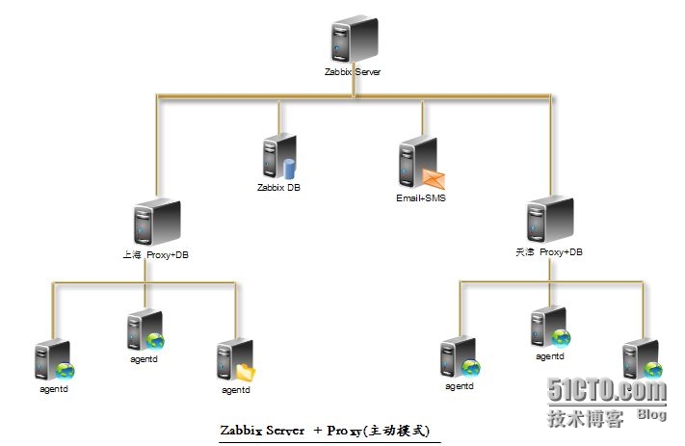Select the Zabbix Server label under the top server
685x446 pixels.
(355, 72)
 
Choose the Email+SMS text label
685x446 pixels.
(421, 198)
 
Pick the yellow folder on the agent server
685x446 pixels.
(246, 371)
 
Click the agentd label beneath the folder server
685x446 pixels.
(236, 390)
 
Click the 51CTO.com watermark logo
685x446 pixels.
(607, 391)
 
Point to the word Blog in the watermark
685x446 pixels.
(651, 414)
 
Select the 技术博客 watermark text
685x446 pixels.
(585, 419)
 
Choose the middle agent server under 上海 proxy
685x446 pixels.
(145, 330)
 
